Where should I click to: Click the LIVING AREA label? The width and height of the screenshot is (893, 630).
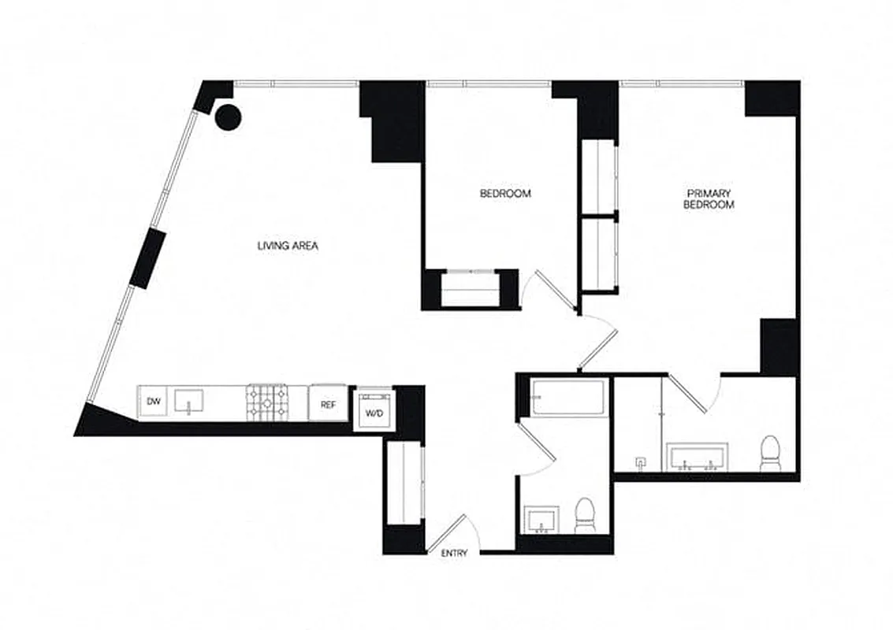[287, 246]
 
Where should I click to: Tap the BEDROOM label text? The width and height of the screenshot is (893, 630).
[505, 193]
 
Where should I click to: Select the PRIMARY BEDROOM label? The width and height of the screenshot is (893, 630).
[709, 198]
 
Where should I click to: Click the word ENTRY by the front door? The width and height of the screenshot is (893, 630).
[454, 553]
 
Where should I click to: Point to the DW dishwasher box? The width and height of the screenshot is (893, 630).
[154, 402]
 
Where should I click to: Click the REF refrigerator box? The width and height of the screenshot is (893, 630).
[328, 404]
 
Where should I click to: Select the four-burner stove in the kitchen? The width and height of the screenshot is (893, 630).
[266, 402]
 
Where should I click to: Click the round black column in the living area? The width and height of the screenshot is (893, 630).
[229, 117]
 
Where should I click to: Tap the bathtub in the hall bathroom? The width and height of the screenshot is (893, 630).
[567, 398]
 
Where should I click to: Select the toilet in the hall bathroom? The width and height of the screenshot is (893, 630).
[585, 516]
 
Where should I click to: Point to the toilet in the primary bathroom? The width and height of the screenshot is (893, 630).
[769, 454]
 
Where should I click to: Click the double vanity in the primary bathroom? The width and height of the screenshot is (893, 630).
[698, 457]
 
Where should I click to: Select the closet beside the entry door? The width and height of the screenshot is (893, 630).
[404, 482]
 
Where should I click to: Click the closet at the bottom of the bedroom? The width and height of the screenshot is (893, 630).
[470, 289]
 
